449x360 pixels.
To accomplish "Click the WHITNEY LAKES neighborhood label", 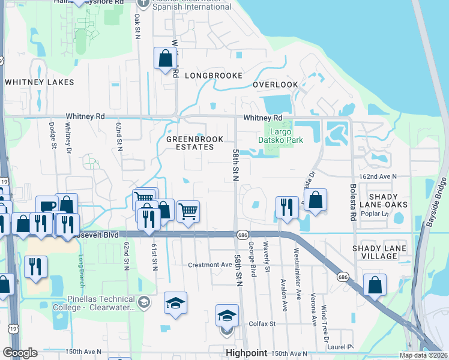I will click(39, 82).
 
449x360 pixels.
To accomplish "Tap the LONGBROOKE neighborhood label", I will click(213, 76).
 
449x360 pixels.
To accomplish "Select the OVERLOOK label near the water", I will click(275, 85).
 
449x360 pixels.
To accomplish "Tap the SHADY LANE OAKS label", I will click(388, 200).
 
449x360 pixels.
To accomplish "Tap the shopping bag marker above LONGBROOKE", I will click(164, 59).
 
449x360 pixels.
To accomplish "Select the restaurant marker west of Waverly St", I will click(287, 207).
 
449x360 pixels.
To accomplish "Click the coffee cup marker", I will click(47, 206).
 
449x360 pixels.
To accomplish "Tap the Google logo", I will click(20, 353).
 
